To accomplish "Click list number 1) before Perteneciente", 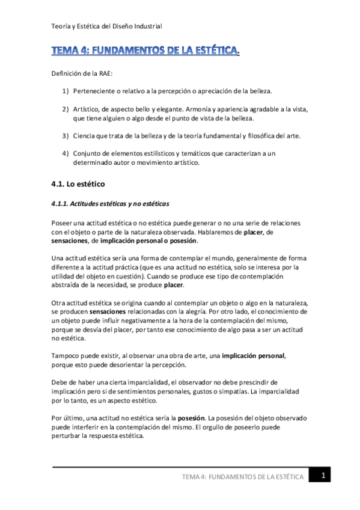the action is [x=66, y=91].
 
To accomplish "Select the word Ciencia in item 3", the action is [x=85, y=136].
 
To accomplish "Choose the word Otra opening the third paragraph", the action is [x=59, y=304].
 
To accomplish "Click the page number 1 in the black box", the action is [x=323, y=476].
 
